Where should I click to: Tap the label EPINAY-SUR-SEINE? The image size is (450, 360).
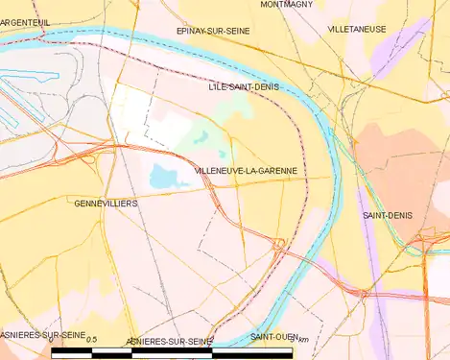[214, 31]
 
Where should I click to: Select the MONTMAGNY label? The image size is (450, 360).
[286, 5]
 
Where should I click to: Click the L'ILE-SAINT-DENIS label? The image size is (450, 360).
[244, 86]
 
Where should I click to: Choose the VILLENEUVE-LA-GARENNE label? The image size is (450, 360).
[245, 170]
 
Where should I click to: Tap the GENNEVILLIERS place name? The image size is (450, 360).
[106, 204]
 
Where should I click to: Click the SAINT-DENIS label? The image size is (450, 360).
[387, 215]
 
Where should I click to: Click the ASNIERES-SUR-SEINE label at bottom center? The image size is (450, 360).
[170, 341]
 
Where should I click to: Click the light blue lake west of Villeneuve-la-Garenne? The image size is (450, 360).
[163, 176]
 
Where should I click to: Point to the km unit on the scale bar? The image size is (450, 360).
[304, 341]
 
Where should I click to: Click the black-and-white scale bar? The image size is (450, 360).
[173, 353]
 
